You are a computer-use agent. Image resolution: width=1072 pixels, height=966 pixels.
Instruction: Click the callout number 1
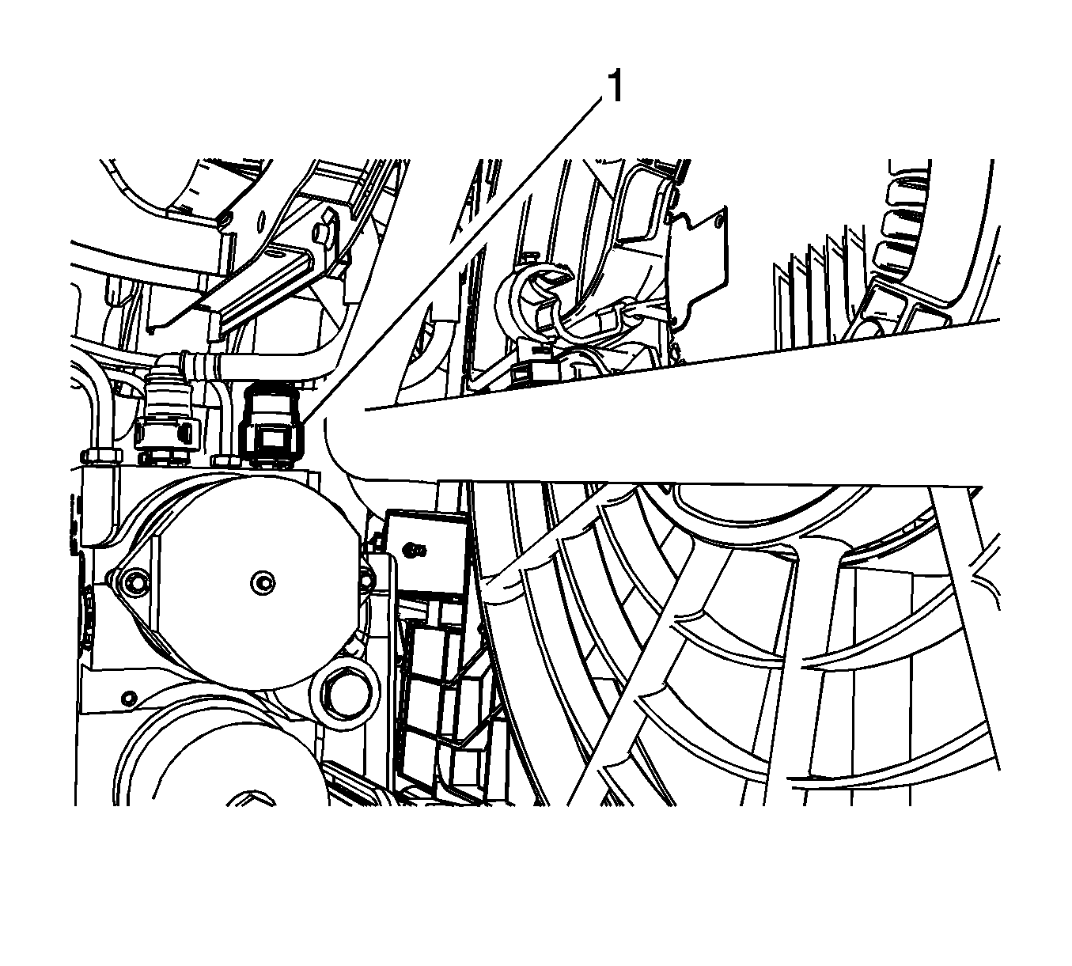click(614, 88)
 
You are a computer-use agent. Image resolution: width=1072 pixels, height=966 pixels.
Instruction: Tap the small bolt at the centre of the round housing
click(263, 581)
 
